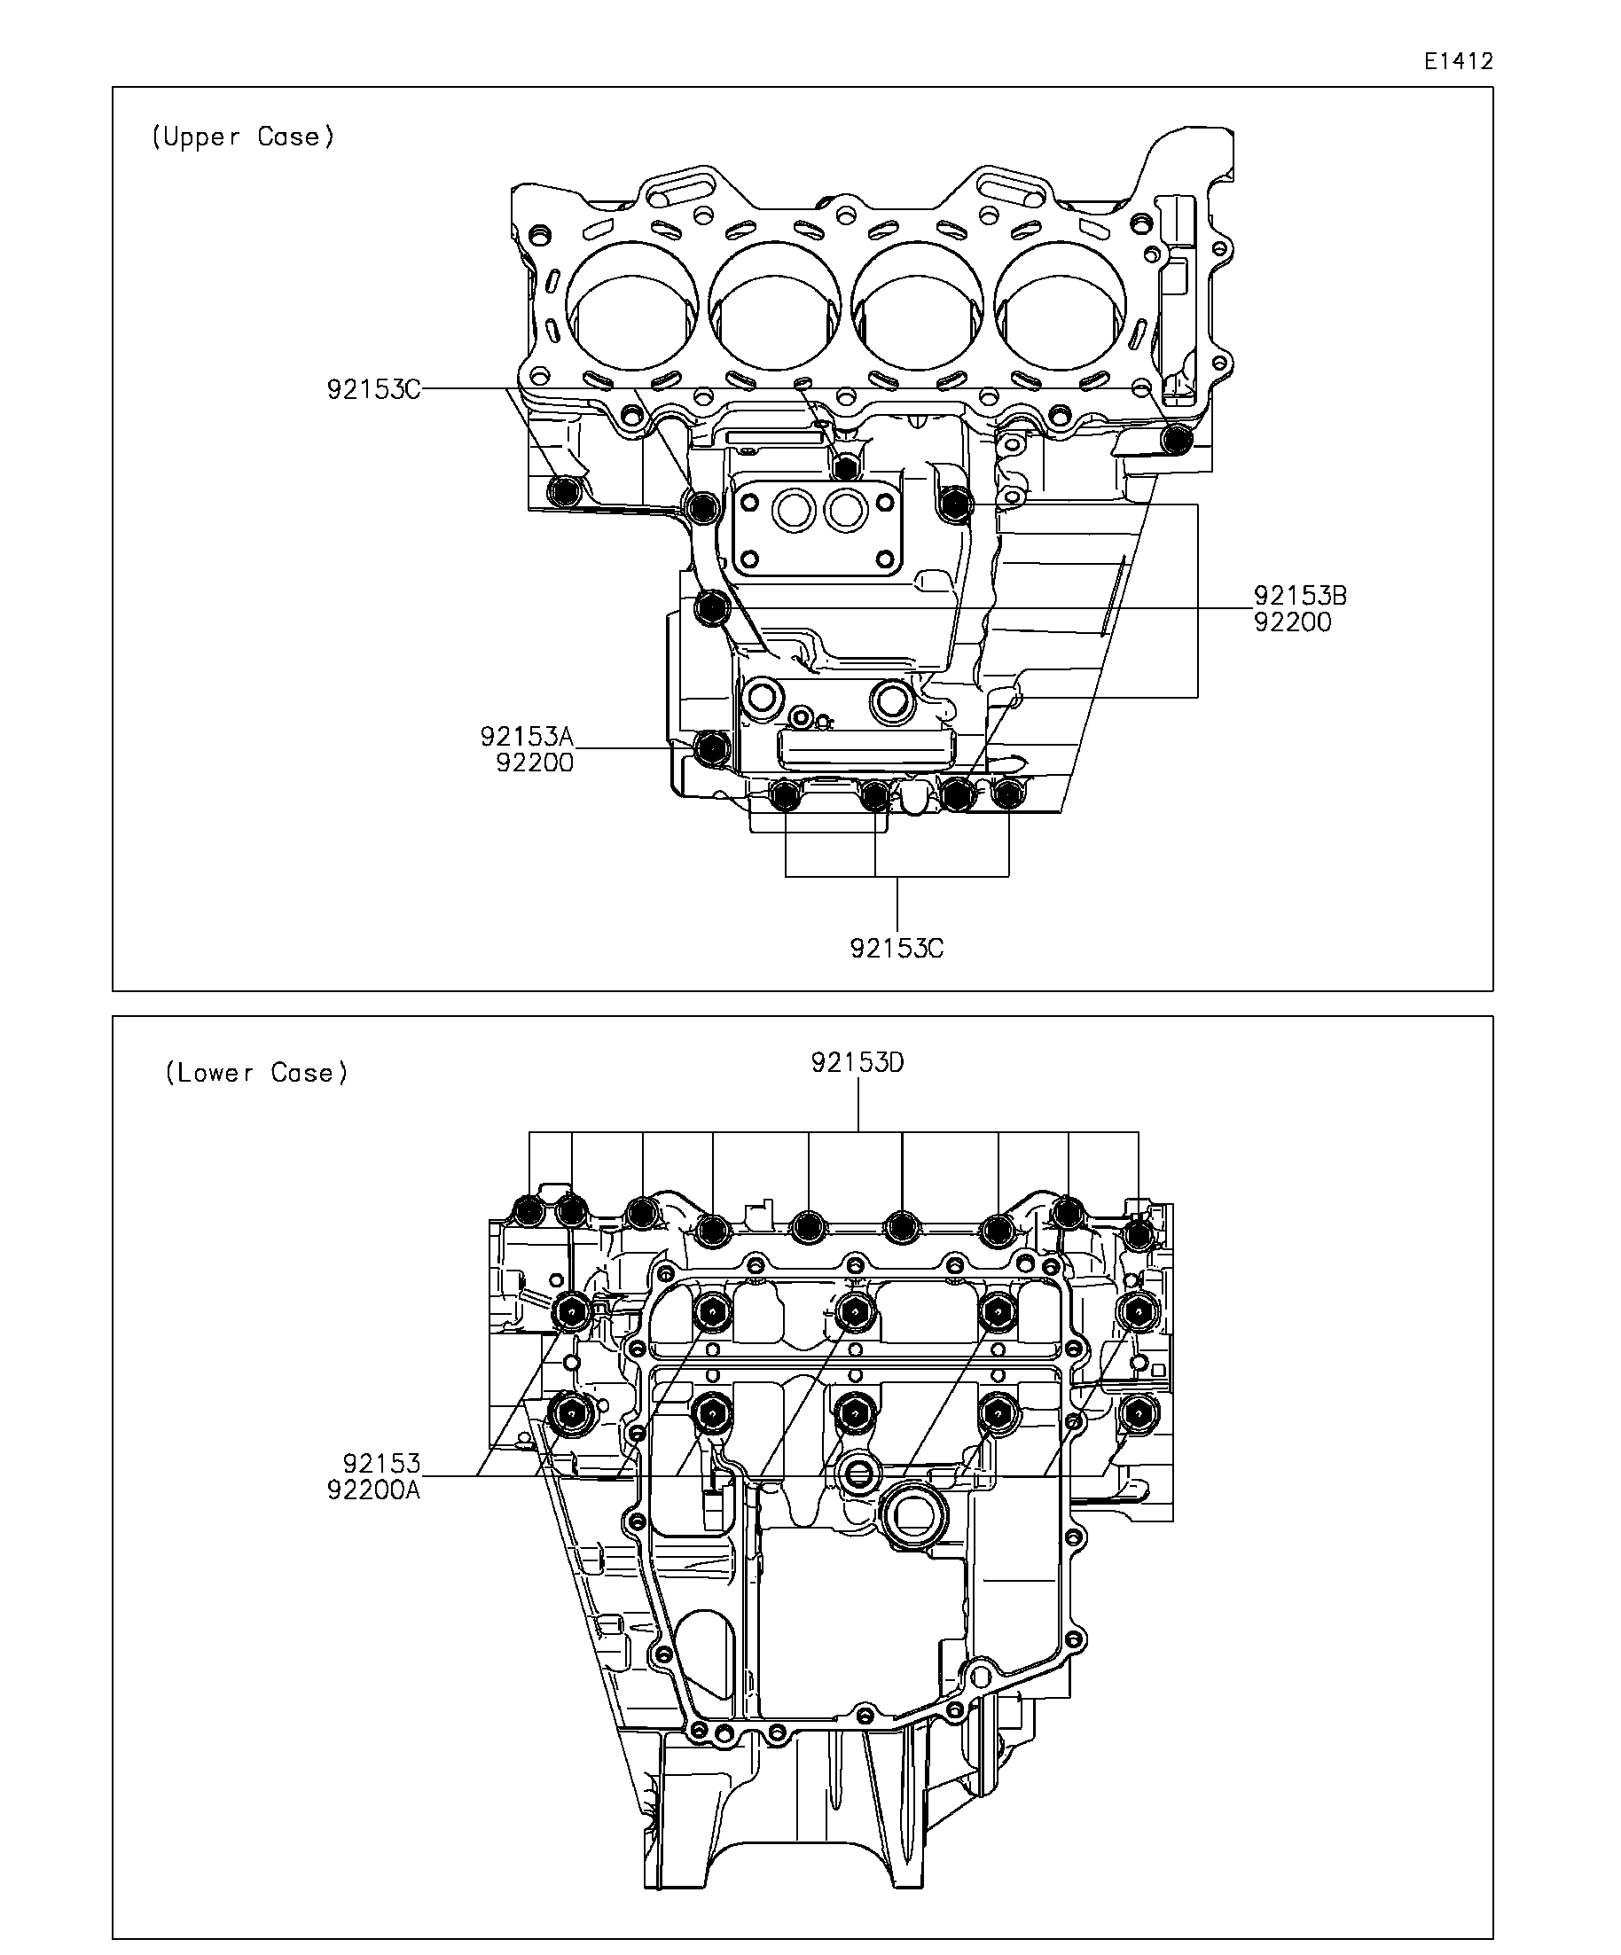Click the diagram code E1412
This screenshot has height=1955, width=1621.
point(1458,61)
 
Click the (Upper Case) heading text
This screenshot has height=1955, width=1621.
point(242,137)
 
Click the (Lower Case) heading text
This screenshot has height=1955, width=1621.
point(256,1073)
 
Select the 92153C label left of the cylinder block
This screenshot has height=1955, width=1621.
point(372,389)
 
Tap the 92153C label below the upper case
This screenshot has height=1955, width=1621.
point(896,949)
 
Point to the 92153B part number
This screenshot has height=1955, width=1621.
point(1300,595)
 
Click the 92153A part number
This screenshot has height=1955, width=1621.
point(526,737)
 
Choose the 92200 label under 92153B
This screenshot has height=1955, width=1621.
point(1292,622)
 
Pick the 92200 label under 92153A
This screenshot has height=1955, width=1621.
point(535,762)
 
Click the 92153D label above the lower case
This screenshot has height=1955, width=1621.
point(857,1062)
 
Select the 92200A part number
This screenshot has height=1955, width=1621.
point(373,1490)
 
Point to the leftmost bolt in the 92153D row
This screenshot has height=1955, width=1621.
point(529,1211)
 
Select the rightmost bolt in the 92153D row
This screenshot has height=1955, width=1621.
point(1138,1235)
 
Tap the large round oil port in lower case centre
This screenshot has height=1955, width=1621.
point(913,1518)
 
